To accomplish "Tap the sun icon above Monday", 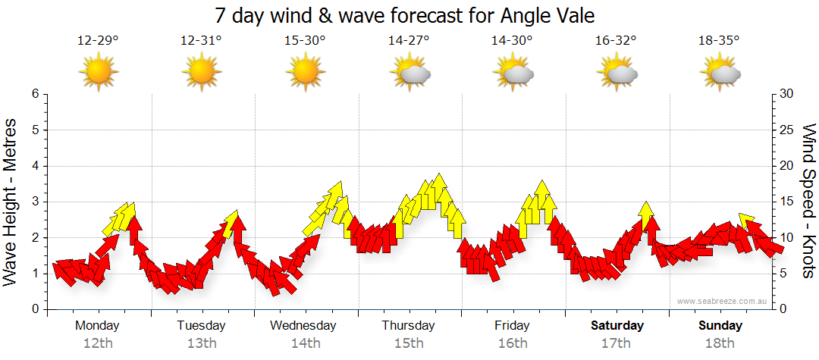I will click(98, 73).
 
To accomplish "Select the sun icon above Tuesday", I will click(202, 73).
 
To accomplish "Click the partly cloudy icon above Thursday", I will click(409, 74).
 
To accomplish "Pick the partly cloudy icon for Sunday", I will click(720, 74).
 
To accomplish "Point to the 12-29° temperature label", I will click(98, 41).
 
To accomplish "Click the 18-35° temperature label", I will click(719, 41).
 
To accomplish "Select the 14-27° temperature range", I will click(409, 41).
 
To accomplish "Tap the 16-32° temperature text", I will click(616, 41).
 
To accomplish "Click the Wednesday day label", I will click(303, 326).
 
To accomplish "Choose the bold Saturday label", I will click(617, 326).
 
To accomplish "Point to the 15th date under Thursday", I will click(409, 343).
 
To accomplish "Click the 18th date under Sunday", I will click(720, 343).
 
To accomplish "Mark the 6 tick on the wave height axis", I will click(34, 94).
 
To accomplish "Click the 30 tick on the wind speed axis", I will click(787, 94).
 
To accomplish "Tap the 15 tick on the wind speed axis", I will click(787, 202).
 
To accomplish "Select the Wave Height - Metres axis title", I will click(11, 202).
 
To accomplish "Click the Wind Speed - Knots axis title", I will click(808, 202).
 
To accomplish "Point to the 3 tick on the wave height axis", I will click(34, 202).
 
